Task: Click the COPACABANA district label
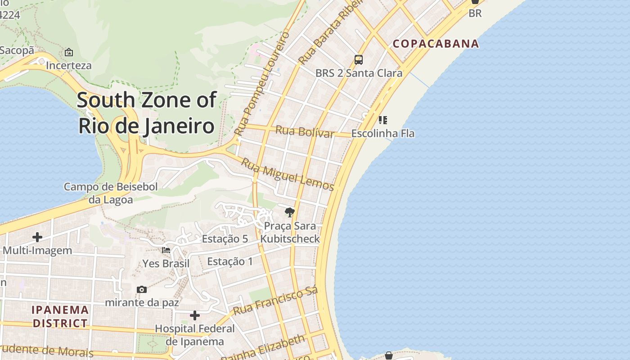pos(436,44)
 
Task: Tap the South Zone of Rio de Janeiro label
pos(147,112)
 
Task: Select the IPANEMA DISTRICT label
pos(60,316)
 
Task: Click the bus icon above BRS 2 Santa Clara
pos(359,59)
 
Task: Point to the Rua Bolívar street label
pos(305,131)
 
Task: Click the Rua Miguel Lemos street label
pos(288,175)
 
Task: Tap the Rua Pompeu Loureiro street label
pos(261,83)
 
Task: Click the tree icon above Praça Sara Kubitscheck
pos(290,212)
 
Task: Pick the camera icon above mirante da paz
pos(142,289)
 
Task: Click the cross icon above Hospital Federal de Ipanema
pos(195,315)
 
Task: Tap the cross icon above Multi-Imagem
pos(37,237)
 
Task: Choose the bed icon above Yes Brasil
pos(166,250)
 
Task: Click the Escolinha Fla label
pos(383,134)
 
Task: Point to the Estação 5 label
pos(225,239)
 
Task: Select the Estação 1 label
pos(230,261)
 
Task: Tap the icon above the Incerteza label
pos(69,53)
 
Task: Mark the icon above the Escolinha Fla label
pos(383,120)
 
